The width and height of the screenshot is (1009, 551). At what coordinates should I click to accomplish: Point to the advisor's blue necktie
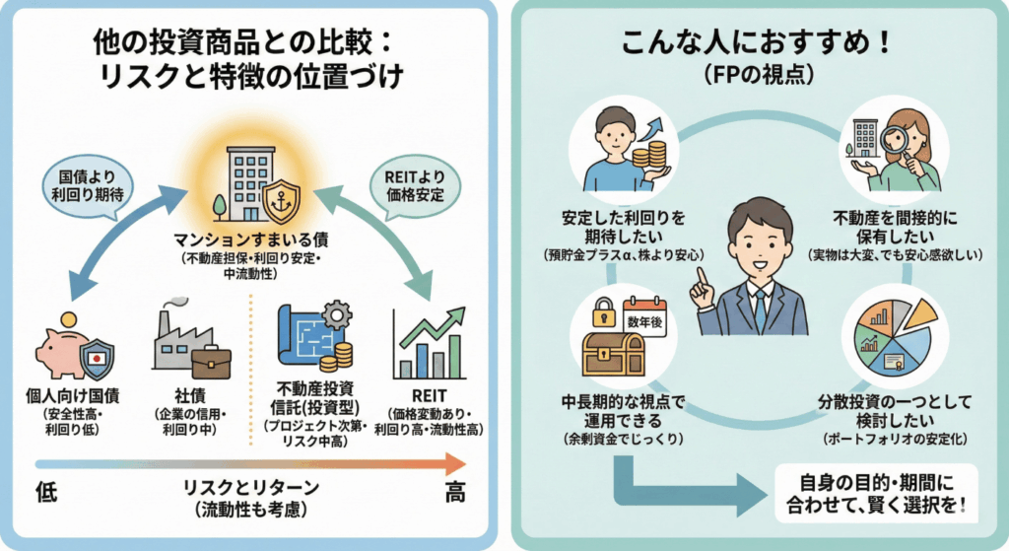(x=760, y=307)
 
